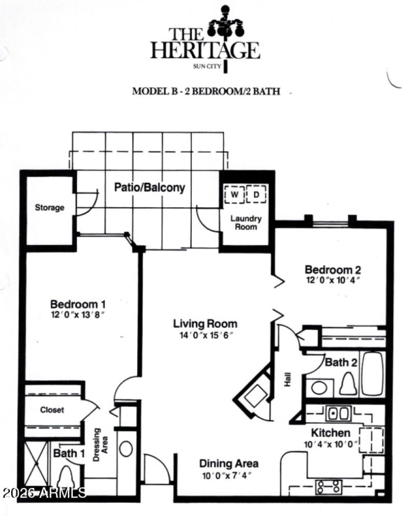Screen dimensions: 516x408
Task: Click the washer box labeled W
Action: pos(235,194)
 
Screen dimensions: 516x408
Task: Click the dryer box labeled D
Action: pos(256,194)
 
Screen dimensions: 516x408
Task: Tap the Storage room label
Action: pos(49,208)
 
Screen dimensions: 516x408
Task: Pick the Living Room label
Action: pos(205,324)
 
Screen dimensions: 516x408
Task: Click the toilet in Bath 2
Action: pos(348,382)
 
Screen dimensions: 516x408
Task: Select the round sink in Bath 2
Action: pos(320,387)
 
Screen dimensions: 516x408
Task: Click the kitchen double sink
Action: pos(337,412)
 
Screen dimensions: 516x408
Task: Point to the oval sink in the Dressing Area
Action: pos(125,449)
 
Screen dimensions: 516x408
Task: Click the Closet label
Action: pos(52,410)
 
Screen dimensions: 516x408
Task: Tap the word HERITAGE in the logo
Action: pos(205,51)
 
